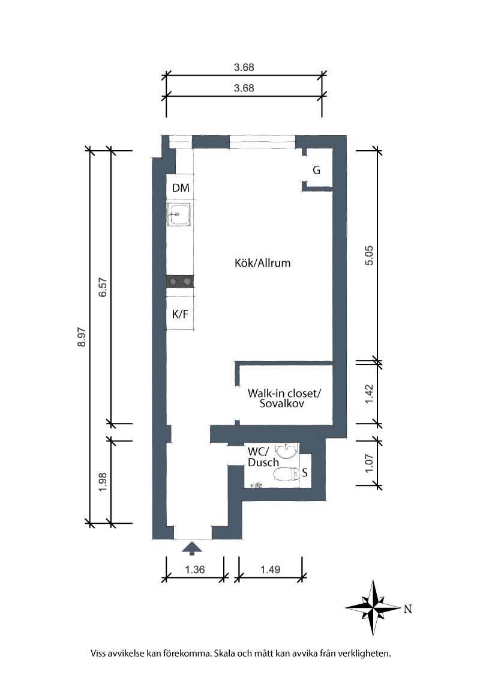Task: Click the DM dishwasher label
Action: coord(181,188)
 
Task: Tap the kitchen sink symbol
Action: coord(180,214)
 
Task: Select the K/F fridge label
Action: coord(180,314)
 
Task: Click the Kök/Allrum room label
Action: coord(263,263)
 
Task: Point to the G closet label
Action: coord(317,170)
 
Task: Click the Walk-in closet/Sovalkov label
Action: coord(284,398)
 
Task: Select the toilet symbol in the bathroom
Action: coord(287,475)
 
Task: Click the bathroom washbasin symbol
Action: coord(286,451)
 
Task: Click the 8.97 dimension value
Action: coord(82,338)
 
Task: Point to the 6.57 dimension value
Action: coord(103,287)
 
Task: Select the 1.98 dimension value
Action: coord(103,482)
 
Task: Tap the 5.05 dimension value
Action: coord(368,255)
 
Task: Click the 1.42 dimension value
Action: coord(368,394)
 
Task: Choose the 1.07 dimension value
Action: coord(368,463)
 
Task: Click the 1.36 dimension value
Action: coord(195,569)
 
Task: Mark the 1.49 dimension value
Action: coord(271,569)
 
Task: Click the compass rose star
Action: coord(373,607)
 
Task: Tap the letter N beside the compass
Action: coord(407,609)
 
